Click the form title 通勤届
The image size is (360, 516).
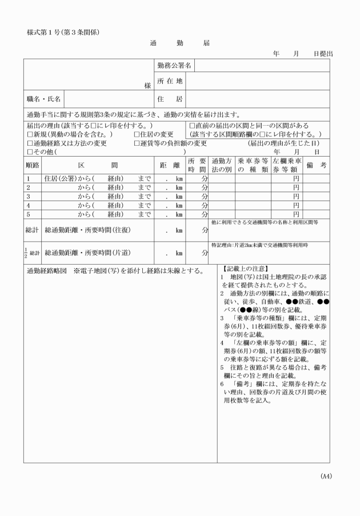click(x=180, y=43)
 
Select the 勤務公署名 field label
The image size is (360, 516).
click(x=174, y=66)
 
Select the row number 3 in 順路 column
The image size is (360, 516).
click(x=28, y=197)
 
